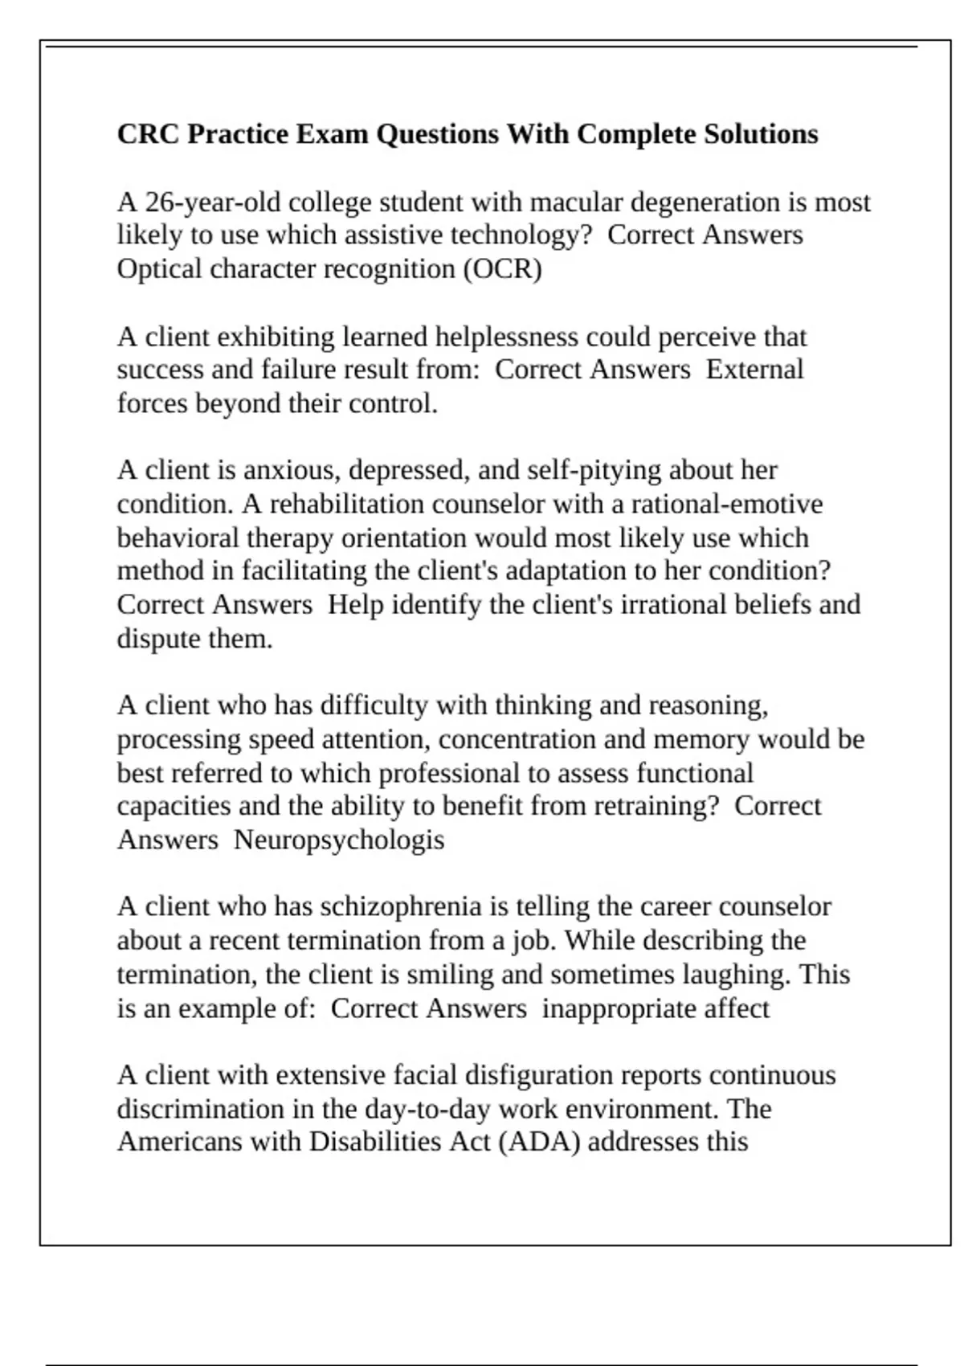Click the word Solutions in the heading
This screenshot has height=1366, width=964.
(761, 134)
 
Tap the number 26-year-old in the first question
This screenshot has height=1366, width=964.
(212, 202)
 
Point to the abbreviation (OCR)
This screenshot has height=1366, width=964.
(502, 269)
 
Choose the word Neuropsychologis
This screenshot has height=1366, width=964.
(338, 840)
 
